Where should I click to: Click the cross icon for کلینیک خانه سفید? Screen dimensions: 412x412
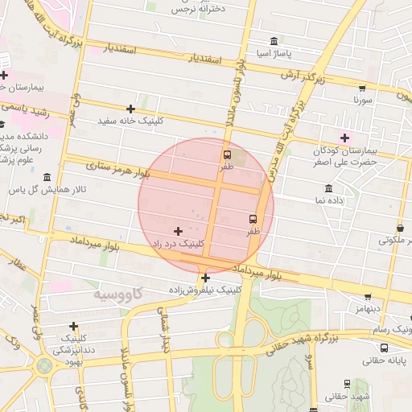130,109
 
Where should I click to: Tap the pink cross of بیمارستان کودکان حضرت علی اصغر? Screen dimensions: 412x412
344,138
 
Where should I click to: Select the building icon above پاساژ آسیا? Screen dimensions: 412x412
274,41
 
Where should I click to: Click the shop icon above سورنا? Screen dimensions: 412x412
361,89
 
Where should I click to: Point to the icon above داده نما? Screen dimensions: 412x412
329,188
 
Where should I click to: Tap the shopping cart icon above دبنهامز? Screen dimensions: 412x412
368,297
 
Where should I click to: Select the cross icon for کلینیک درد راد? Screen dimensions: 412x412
178,231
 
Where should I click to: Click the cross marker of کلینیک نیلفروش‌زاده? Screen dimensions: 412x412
206,278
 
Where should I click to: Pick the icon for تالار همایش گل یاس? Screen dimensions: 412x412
47,177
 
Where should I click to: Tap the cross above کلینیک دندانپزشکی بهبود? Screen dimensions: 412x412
73,327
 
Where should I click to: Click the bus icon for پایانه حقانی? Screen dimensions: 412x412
384,348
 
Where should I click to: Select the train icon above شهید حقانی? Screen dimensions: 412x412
348,385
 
